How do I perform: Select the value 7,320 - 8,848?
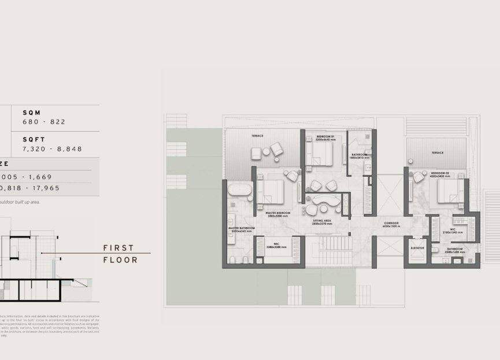point(52,149)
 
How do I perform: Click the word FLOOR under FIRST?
point(120,260)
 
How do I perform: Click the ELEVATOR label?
point(417,248)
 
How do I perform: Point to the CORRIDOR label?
point(391,223)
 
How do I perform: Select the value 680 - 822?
point(44,122)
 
